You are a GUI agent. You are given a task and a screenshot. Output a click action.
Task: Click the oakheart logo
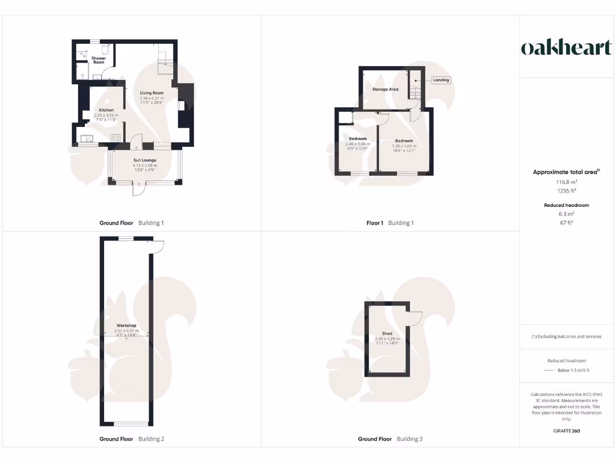[566, 48]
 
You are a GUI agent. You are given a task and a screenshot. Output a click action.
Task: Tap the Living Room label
[152, 93]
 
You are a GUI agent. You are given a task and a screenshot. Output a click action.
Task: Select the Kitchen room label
[106, 110]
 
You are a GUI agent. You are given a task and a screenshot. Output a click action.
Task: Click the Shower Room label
[98, 60]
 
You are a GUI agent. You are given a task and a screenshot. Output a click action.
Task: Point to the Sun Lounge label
[144, 160]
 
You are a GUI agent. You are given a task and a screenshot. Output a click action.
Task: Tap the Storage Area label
[385, 89]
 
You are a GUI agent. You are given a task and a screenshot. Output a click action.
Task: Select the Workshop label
[126, 325]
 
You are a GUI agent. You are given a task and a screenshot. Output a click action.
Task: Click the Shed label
[387, 333]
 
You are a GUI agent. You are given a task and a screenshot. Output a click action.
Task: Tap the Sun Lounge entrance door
[139, 188]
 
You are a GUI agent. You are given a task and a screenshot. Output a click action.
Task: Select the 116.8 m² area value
[566, 181]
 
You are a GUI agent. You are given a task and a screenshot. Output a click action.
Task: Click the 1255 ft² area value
[566, 191]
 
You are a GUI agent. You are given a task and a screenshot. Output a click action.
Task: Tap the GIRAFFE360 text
[566, 431]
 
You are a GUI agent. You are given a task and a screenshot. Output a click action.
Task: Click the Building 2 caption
[151, 439]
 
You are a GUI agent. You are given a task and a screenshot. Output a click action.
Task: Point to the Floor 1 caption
[375, 223]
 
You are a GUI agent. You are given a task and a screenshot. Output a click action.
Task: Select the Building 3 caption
[410, 439]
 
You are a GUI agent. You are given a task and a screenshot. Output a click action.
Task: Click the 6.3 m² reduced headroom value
[566, 214]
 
